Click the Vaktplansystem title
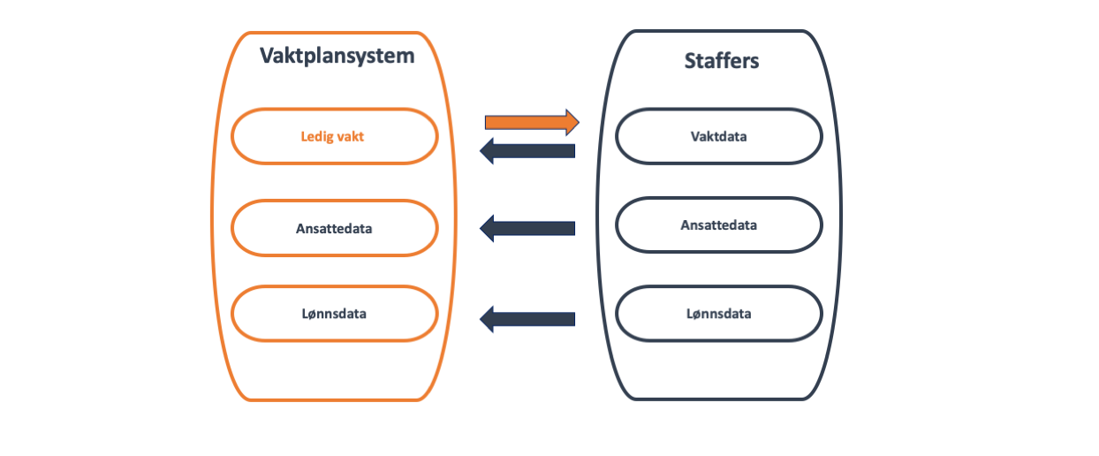point(337,57)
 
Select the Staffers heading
point(722,61)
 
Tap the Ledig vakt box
point(335,137)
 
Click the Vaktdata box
point(718,137)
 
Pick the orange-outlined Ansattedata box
point(335,228)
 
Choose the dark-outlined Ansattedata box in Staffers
point(718,224)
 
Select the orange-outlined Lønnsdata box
point(335,314)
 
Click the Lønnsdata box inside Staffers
point(718,313)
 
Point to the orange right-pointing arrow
point(531,121)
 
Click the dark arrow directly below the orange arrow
point(527,151)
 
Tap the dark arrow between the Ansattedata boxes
point(527,229)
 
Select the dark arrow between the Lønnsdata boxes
point(527,317)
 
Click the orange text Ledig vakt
point(332,137)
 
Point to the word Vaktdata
point(718,137)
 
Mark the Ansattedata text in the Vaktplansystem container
point(334,228)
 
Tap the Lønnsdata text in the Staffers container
point(718,313)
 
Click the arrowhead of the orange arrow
point(571,121)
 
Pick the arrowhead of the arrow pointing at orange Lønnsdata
point(488,317)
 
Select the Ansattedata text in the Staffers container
point(718,224)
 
